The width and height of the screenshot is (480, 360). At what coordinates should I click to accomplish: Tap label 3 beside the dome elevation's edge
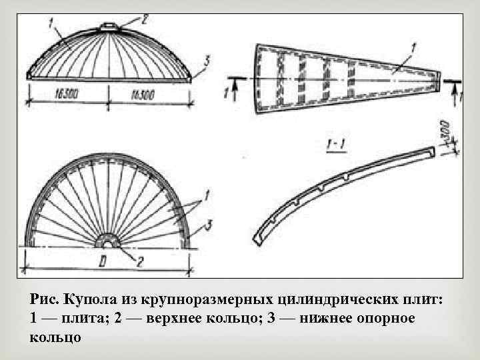click(207, 61)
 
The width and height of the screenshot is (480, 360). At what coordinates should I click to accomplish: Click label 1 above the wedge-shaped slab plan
click(413, 46)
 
